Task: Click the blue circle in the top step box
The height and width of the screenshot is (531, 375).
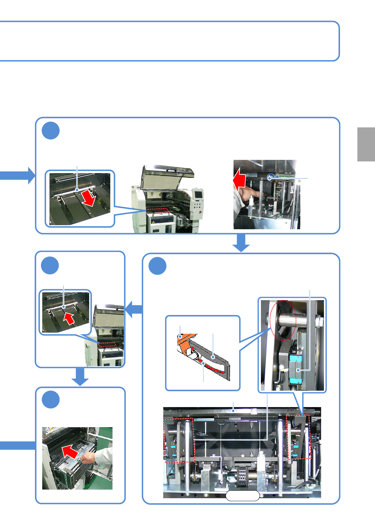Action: coord(51,131)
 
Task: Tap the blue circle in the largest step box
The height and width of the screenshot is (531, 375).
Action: coord(158,266)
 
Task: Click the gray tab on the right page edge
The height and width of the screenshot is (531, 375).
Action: coord(366,144)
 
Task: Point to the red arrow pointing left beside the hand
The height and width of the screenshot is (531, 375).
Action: coord(239,179)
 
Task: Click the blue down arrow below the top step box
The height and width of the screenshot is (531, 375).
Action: coord(241,243)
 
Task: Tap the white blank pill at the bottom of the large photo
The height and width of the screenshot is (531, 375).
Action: coord(242,496)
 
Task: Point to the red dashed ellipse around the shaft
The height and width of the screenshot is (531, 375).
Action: coord(283,320)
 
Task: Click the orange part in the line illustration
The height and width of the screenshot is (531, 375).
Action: coord(185,342)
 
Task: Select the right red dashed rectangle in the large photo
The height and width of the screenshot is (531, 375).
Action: coord(298,437)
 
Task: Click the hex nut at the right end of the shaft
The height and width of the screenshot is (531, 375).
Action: coord(319,322)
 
